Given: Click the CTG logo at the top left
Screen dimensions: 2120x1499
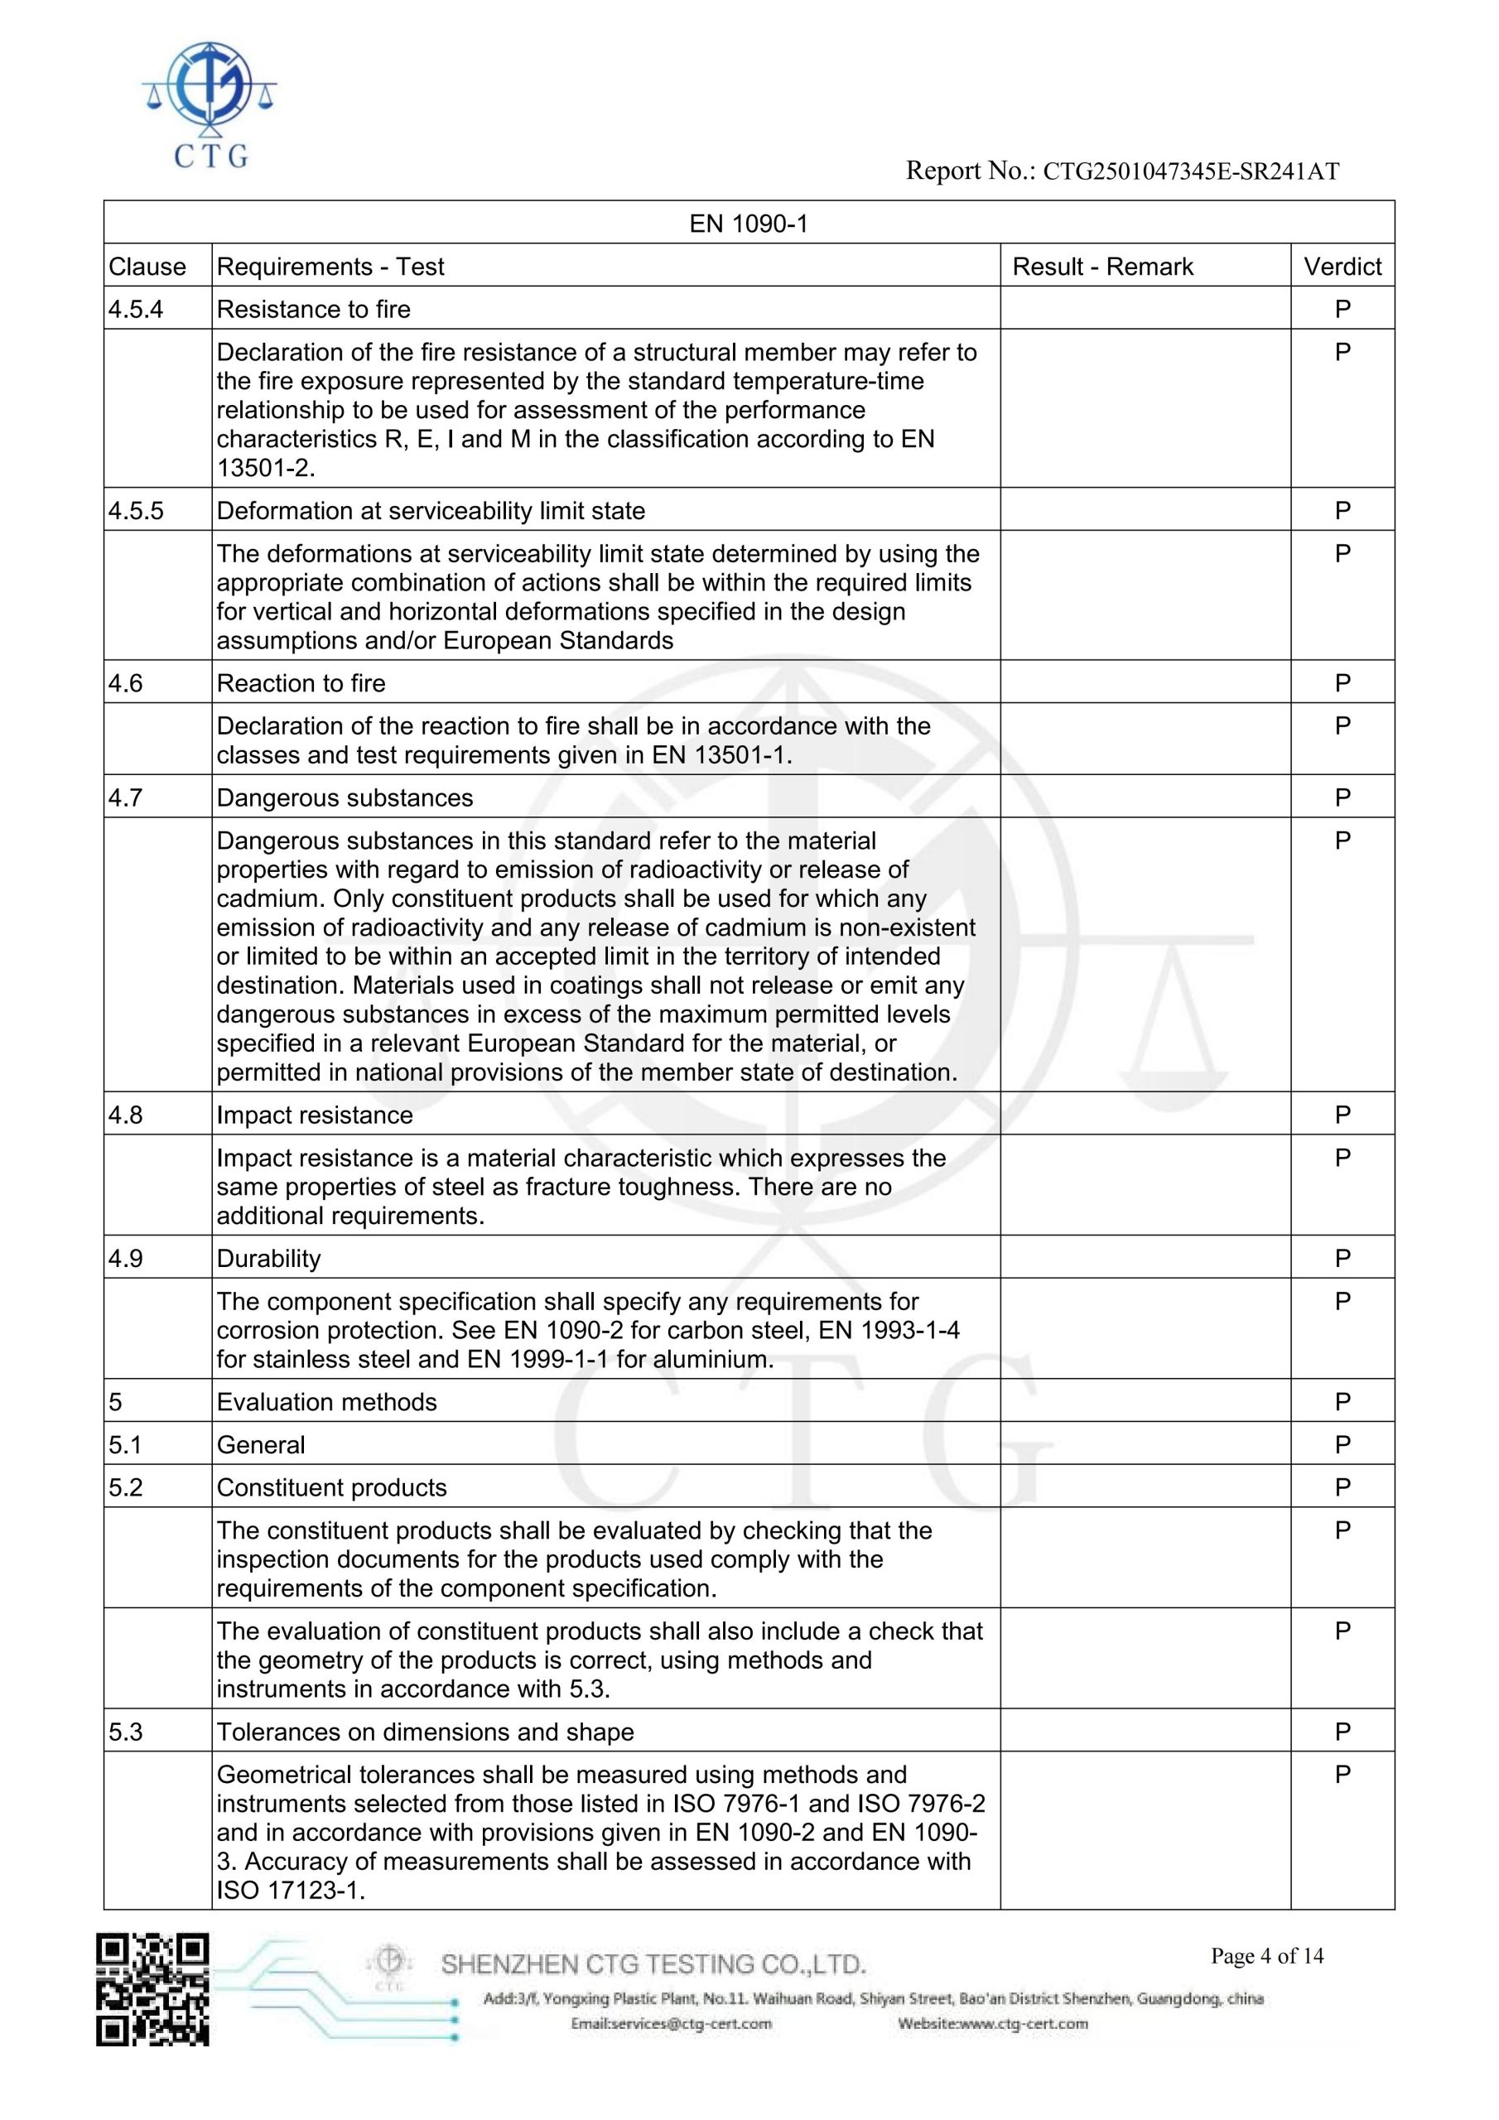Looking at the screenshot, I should point(210,104).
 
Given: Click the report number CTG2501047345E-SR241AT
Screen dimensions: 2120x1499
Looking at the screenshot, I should point(1191,171).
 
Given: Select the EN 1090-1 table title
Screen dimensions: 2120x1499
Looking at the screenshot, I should point(748,224).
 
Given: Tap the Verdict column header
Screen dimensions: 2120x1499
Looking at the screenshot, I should point(1342,267).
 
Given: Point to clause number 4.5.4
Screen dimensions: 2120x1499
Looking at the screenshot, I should point(136,310).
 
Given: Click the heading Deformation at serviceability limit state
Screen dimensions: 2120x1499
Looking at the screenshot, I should point(431,511).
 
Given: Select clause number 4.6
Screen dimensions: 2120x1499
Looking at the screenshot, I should point(127,683).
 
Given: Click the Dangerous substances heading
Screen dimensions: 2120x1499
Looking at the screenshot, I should point(345,797).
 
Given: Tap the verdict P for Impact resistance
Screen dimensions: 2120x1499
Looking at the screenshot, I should point(1342,1115).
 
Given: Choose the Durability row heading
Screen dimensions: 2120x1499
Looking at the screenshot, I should point(269,1259).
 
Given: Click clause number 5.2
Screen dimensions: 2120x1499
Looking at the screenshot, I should point(127,1487).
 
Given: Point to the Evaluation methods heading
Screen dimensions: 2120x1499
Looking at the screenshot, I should point(326,1402).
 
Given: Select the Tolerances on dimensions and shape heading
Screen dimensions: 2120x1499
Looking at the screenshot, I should point(425,1732).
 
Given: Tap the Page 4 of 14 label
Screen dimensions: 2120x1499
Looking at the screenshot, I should point(1267,1956).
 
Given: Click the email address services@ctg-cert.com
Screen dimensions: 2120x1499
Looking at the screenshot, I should point(671,2024).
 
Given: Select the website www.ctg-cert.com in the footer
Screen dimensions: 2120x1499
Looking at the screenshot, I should point(993,2024).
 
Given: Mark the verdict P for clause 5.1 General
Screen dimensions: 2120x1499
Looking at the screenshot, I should point(1342,1445).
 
